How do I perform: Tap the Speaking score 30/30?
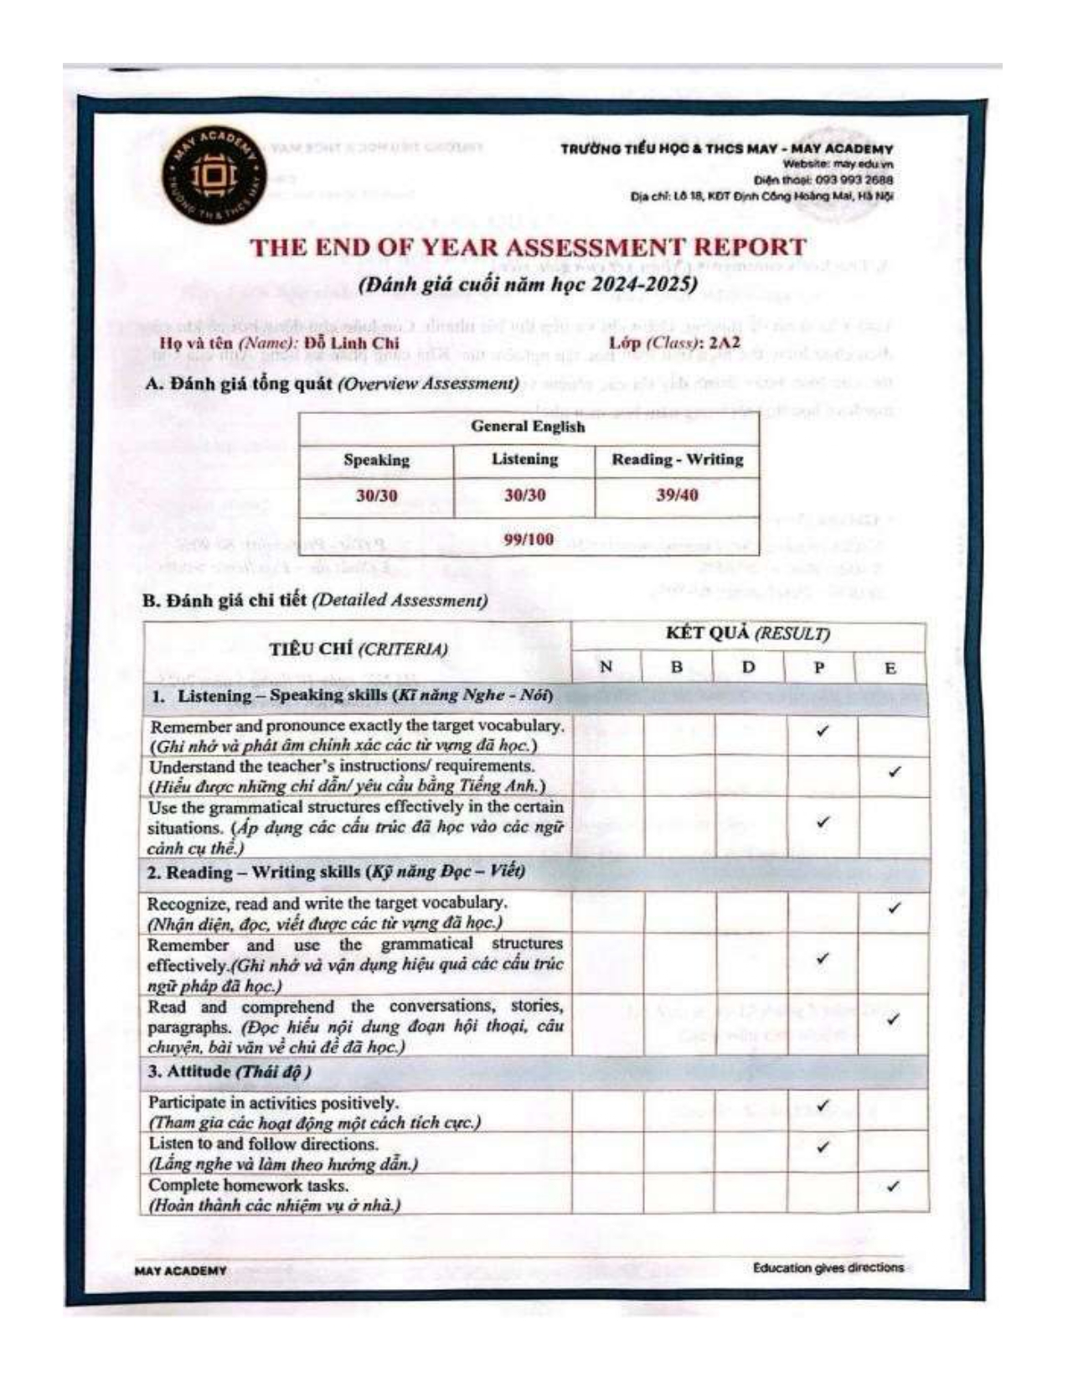point(376,495)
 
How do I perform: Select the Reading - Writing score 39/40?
point(677,495)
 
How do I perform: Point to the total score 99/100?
point(528,539)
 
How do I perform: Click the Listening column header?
point(524,459)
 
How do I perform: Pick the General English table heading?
point(528,426)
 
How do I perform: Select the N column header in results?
point(606,667)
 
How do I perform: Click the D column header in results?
point(749,667)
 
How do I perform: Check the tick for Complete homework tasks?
point(893,1186)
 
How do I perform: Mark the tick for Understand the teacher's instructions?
point(894,771)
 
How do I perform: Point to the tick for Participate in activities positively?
point(822,1106)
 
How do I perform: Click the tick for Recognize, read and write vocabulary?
point(894,908)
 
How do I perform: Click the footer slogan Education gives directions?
point(828,1267)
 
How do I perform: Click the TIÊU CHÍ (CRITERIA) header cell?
point(358,650)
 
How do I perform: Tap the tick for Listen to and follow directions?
point(822,1147)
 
